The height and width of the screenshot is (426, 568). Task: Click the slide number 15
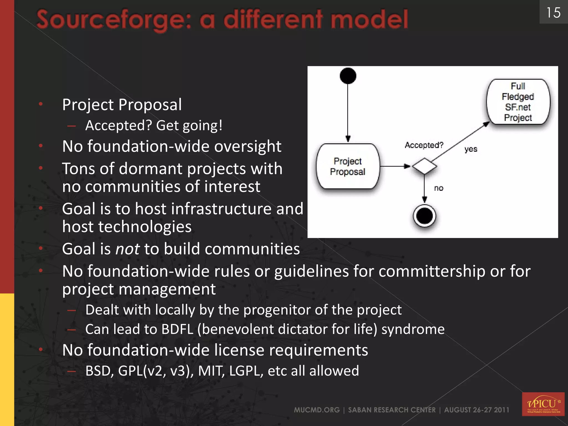coord(553,13)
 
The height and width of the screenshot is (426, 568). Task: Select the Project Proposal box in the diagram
coord(348,166)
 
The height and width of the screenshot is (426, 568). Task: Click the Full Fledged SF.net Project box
coord(518,102)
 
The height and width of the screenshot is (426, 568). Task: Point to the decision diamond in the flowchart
coord(424,166)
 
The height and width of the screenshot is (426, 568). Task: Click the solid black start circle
coord(348,76)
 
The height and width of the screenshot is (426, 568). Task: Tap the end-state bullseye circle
coord(424,216)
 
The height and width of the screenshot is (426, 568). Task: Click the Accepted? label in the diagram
coord(424,145)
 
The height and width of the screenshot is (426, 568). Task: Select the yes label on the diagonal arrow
coord(471,149)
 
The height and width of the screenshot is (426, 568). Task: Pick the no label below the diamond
coord(438,188)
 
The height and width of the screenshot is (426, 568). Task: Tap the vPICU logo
coord(543,404)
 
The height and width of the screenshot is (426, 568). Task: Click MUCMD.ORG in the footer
coord(317,410)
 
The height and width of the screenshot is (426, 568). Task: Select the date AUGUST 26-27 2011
coord(476,410)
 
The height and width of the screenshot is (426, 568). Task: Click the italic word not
coord(127,249)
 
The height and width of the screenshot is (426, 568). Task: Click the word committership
coord(432,271)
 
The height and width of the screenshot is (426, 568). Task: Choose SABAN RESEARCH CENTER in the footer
coord(392,410)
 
